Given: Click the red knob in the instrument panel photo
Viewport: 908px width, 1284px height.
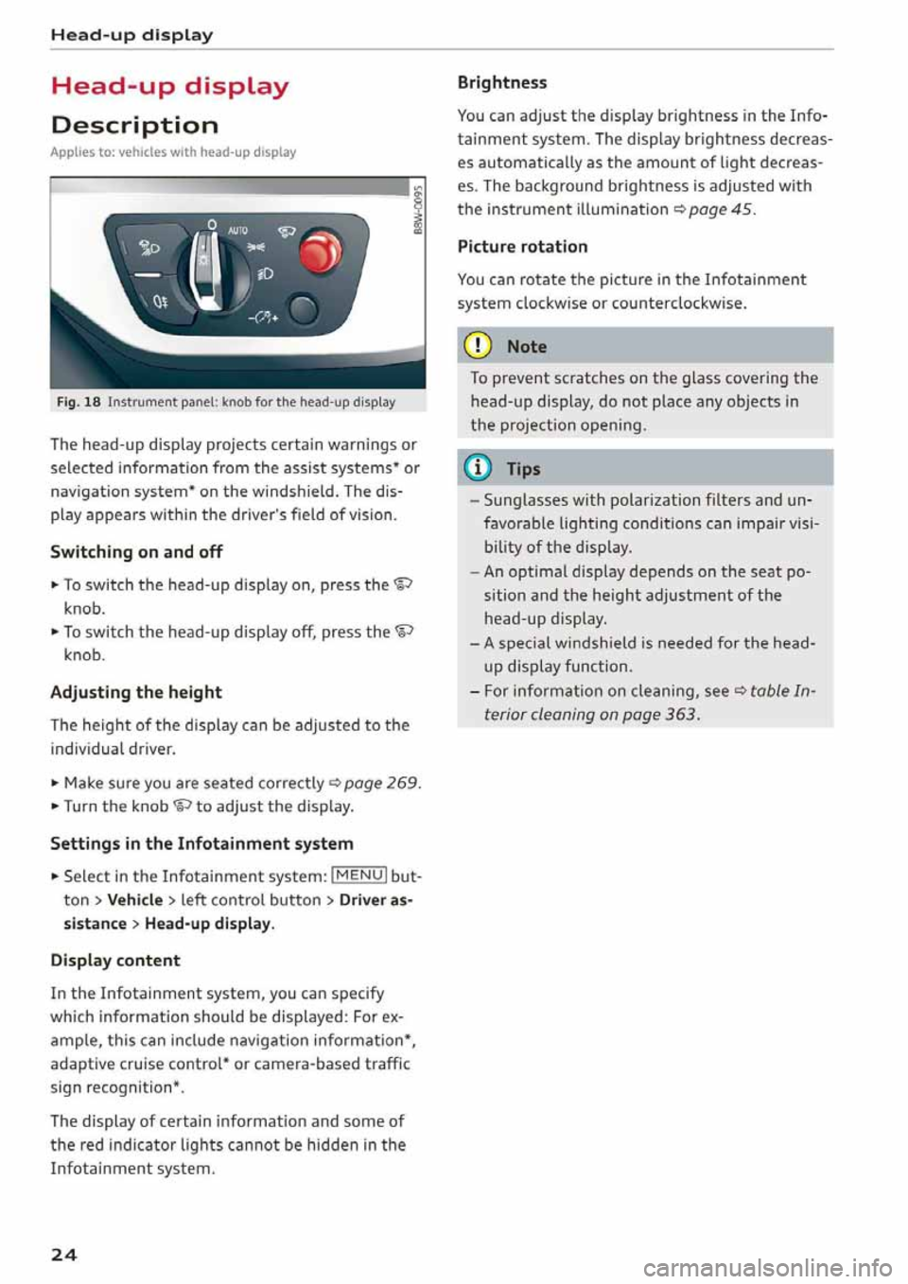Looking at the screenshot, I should click(x=320, y=252).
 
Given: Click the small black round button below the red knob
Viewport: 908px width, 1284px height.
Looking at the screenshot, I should click(x=302, y=309).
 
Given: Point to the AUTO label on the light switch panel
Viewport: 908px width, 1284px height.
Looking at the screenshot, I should click(x=237, y=230).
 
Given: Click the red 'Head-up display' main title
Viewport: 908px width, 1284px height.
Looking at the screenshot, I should click(x=169, y=86).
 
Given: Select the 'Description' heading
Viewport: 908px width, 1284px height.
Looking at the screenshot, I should click(x=134, y=125).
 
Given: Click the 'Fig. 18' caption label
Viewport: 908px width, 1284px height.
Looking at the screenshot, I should click(x=79, y=402).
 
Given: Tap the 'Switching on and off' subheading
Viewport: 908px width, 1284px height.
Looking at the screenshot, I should click(x=136, y=551).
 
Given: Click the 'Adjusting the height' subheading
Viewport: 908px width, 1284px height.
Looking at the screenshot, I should click(x=136, y=692).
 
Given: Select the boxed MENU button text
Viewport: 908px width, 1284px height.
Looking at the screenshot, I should click(x=358, y=876).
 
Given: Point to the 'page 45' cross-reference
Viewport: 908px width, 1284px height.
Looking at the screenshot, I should click(x=721, y=209).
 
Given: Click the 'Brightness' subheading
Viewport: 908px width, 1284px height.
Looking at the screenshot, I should click(x=502, y=82).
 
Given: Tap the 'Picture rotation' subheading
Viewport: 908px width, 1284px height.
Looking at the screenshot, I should click(x=522, y=247).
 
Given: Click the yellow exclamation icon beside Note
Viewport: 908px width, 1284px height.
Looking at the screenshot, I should click(x=480, y=346).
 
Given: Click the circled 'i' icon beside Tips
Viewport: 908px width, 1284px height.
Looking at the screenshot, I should click(x=480, y=468).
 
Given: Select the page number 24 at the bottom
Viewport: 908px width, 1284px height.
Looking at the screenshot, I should click(x=64, y=1255).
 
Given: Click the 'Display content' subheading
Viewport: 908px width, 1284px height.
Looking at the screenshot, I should click(x=115, y=960).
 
